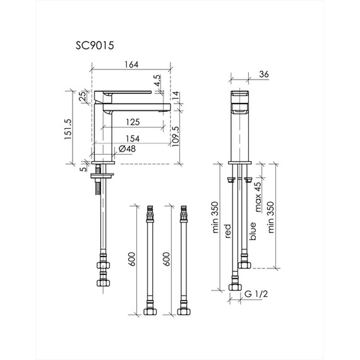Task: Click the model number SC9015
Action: click(95, 45)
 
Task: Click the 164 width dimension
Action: click(131, 64)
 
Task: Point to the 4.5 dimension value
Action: click(157, 80)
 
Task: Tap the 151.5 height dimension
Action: click(68, 129)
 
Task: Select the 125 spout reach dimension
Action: click(133, 122)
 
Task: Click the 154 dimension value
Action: click(133, 139)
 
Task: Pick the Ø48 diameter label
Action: click(127, 149)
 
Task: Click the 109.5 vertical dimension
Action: click(176, 136)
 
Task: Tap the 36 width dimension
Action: click(264, 74)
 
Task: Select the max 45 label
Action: click(258, 197)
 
